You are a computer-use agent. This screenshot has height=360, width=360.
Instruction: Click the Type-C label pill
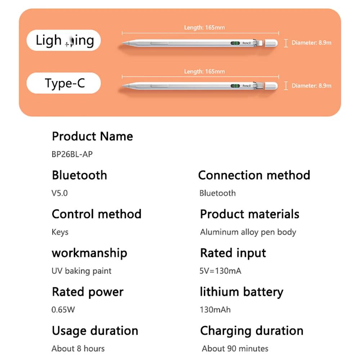pyautogui.click(x=64, y=83)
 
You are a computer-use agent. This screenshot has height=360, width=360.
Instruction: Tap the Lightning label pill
pyautogui.click(x=64, y=40)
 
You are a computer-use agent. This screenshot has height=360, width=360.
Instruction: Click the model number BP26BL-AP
pyautogui.click(x=72, y=154)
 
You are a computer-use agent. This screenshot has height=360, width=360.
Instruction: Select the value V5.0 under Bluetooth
pyautogui.click(x=59, y=193)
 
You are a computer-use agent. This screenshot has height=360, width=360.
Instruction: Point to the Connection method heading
pyautogui.click(x=254, y=175)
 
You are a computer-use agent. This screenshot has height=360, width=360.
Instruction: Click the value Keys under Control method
pyautogui.click(x=60, y=232)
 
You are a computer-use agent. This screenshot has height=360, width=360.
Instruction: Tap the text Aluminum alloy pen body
pyautogui.click(x=248, y=232)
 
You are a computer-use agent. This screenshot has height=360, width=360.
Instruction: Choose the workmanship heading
pyautogui.click(x=89, y=253)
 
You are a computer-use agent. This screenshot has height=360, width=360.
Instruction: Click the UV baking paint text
pyautogui.click(x=81, y=271)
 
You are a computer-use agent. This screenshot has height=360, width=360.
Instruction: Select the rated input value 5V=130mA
pyautogui.click(x=220, y=271)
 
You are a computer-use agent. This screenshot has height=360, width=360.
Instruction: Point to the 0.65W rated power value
pyautogui.click(x=63, y=310)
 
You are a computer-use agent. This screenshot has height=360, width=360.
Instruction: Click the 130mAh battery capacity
pyautogui.click(x=215, y=310)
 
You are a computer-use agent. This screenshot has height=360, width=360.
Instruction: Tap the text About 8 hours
pyautogui.click(x=78, y=348)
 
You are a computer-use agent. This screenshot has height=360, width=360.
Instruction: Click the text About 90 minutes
pyautogui.click(x=235, y=348)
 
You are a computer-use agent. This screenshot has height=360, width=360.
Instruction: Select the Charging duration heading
pyautogui.click(x=252, y=330)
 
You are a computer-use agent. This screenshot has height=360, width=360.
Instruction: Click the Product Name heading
pyautogui.click(x=92, y=136)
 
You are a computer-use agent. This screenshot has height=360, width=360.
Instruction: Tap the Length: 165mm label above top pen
pyautogui.click(x=204, y=27)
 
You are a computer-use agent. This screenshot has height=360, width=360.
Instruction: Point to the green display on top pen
pyautogui.click(x=235, y=43)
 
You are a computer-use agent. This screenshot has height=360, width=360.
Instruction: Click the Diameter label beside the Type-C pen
pyautogui.click(x=311, y=86)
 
